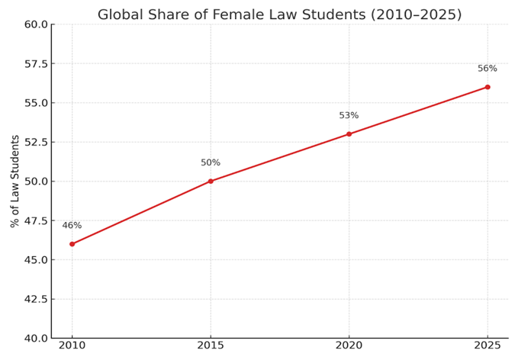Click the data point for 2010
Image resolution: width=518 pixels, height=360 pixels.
(72, 244)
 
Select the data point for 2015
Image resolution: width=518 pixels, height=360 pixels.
(211, 182)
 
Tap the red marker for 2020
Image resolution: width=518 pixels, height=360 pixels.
(349, 134)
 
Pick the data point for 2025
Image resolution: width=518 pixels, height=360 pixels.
(487, 87)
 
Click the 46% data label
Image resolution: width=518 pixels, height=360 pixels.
(72, 226)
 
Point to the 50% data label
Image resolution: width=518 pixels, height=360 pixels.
(211, 163)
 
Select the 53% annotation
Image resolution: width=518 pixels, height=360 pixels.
(349, 116)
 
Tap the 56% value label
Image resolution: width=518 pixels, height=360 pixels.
(487, 69)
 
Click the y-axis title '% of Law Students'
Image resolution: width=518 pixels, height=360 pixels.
(15, 181)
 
